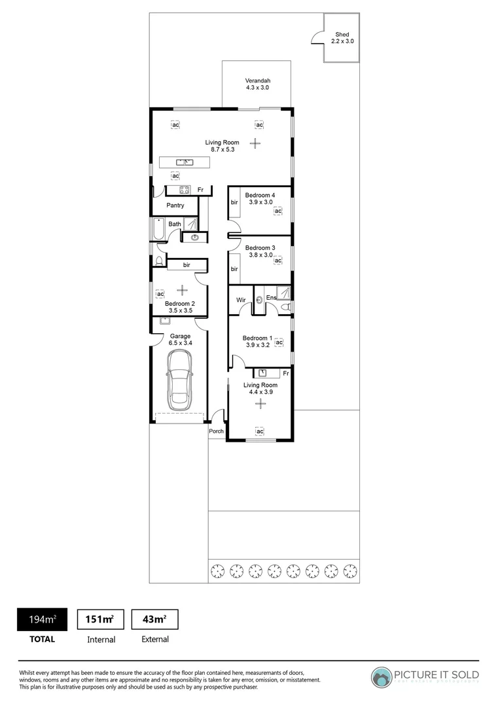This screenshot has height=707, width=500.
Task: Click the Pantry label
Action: point(175,206)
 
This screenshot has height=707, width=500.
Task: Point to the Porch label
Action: point(216,431)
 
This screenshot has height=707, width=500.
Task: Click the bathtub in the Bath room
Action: point(158,230)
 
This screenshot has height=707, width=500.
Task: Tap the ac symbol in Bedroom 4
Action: point(277,211)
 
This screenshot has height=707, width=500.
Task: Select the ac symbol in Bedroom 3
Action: point(277,261)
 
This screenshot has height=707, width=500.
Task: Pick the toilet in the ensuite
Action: point(285,306)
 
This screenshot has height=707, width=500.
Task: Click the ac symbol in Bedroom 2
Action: point(160,294)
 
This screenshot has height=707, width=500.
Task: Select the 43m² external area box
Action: point(154,619)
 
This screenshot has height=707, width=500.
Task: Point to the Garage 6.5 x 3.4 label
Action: point(180,340)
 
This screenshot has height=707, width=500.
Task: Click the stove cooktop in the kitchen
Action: point(185,190)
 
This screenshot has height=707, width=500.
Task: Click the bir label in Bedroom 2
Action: point(187,265)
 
